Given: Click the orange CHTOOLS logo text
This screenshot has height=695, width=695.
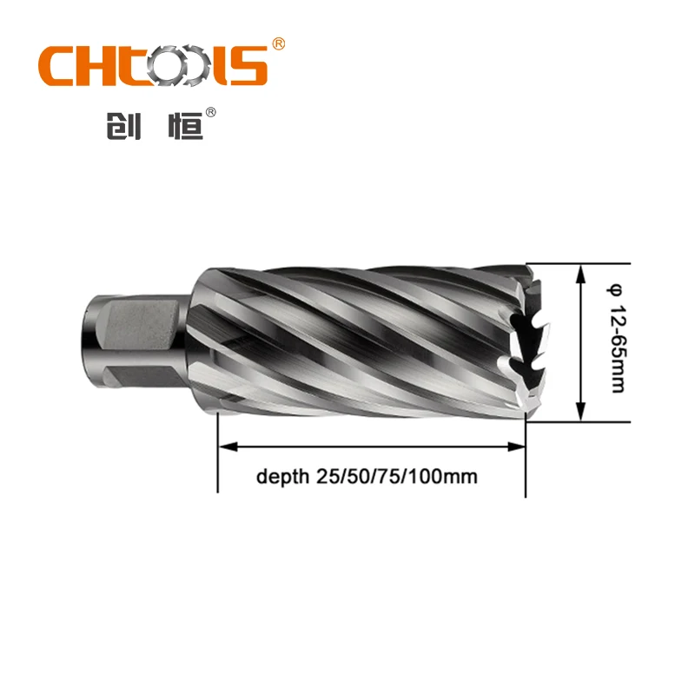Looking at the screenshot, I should pos(151,66).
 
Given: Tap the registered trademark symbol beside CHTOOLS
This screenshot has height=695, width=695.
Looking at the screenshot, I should pos(278,43).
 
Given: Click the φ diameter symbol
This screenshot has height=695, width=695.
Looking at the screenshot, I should pos(616,288).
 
